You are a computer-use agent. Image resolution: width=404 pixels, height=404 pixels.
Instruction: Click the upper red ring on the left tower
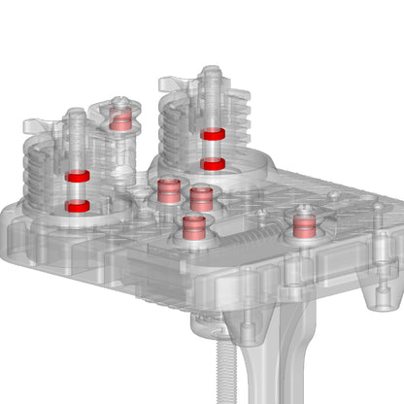pos(78,175)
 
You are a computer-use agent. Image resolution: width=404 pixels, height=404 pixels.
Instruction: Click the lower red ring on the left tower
pos(78,206)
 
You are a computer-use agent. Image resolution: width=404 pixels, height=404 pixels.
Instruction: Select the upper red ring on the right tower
pos(214,134)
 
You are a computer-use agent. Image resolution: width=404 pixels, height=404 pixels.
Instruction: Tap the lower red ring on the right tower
pos(214,164)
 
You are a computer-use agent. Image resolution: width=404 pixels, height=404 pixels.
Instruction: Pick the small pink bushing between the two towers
pos(120,120)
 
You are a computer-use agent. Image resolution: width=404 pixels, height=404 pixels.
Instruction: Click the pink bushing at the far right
pos(305,227)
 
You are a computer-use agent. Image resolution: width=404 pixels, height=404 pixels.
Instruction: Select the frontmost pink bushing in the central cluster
pos(193,227)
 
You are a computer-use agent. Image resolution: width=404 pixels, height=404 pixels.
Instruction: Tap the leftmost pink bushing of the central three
pos(168,189)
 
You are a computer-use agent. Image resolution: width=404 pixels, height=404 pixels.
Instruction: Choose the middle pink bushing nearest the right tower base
pos(201,198)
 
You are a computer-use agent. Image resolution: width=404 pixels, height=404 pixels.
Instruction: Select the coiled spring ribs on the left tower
pos(44,175)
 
